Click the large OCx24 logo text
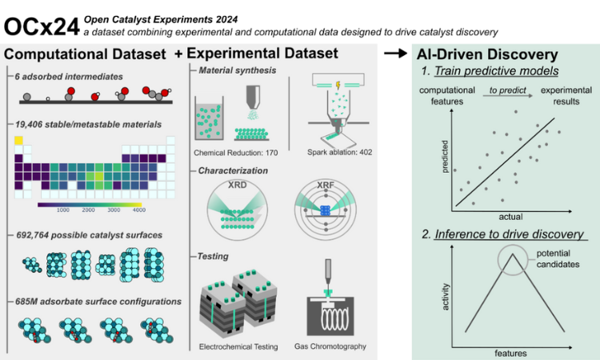[x=42, y=25]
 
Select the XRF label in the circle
[x=325, y=186]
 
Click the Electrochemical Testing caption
[x=238, y=346]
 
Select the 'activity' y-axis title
[x=444, y=299]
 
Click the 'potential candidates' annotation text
[x=558, y=258]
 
